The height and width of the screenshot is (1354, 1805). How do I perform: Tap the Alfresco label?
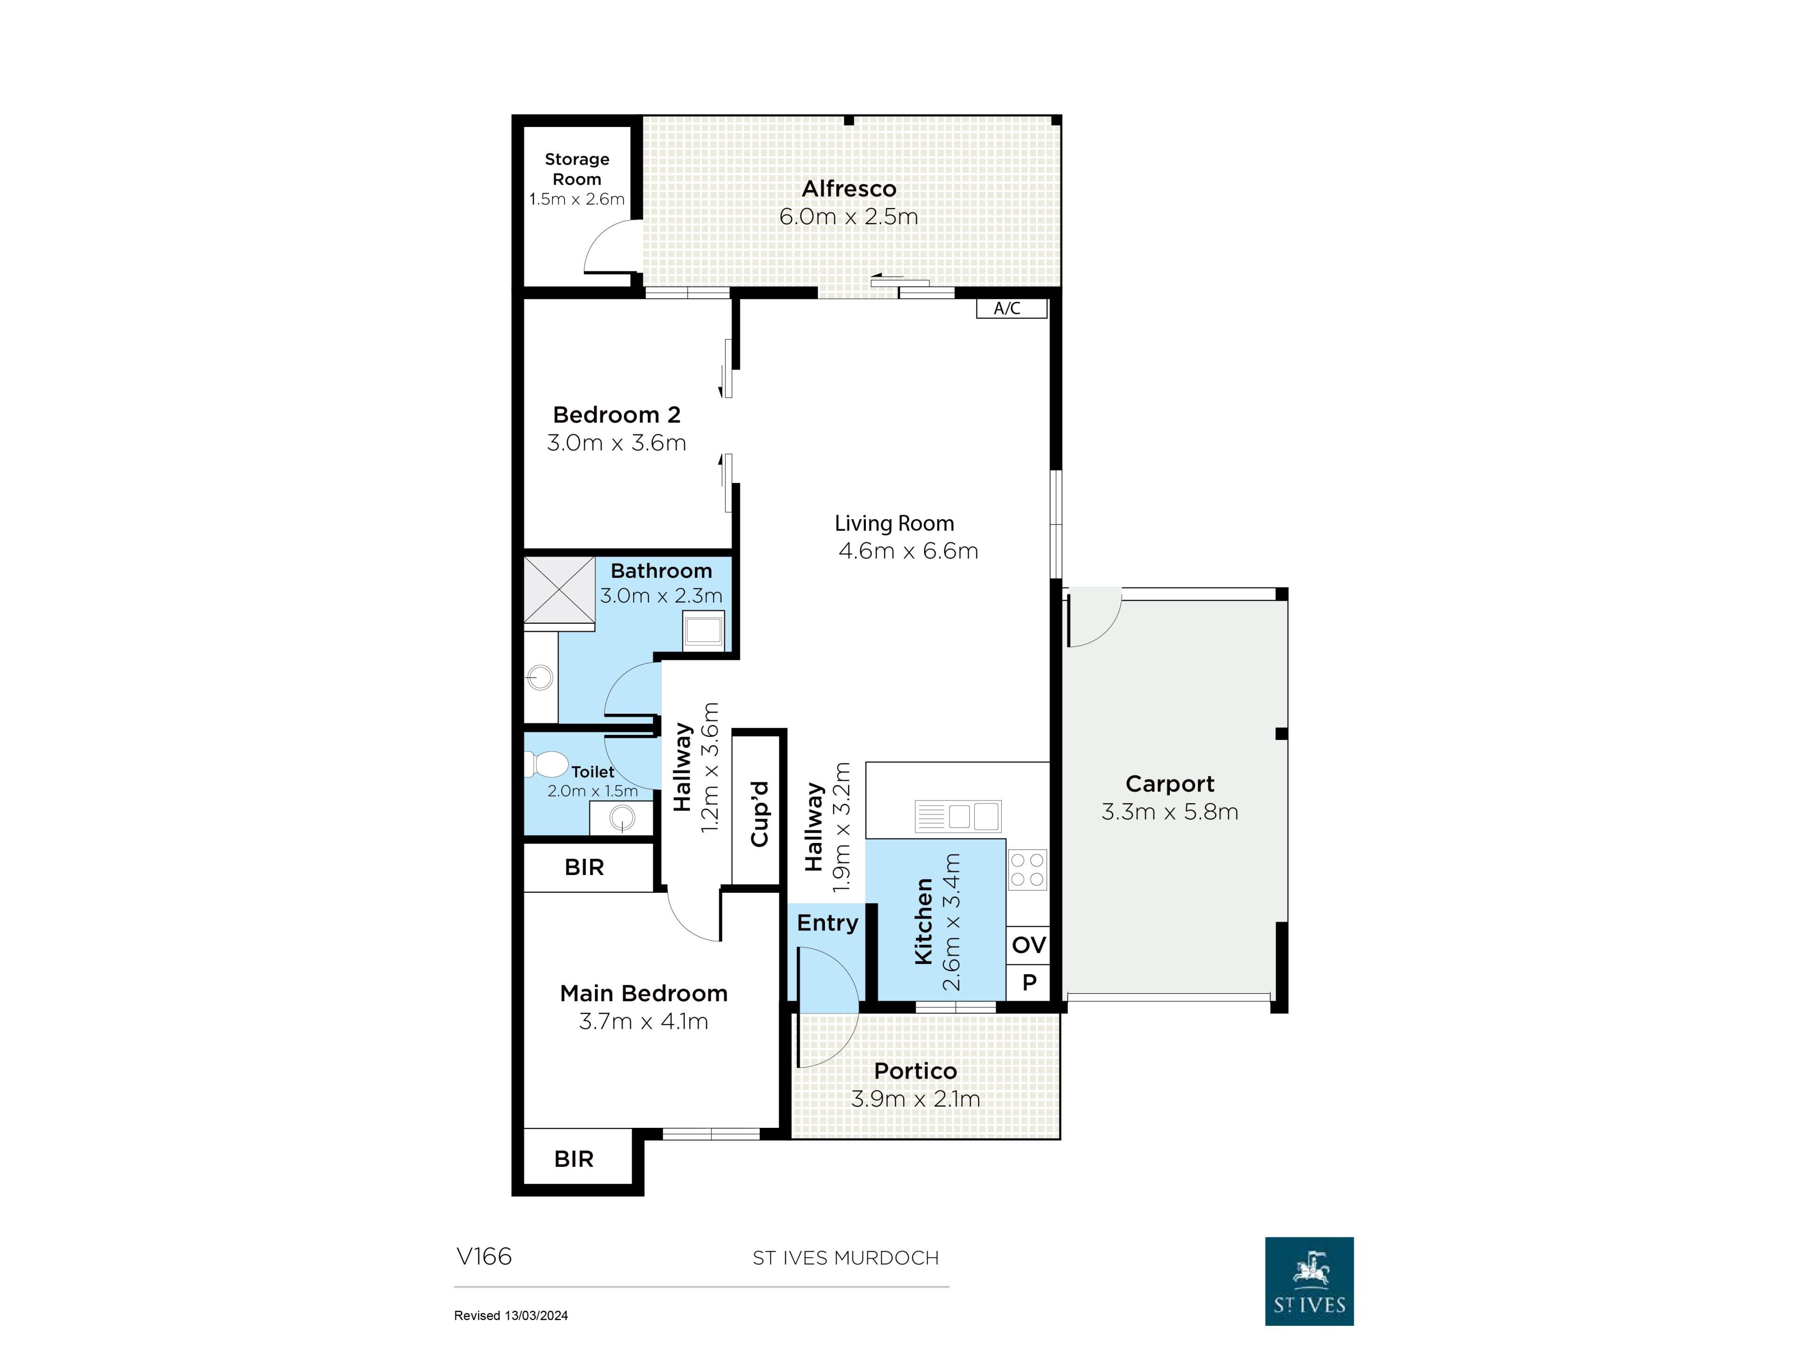coord(848,189)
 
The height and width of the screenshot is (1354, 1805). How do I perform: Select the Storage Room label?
coord(577,169)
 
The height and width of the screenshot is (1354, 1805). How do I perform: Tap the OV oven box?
coord(1028,945)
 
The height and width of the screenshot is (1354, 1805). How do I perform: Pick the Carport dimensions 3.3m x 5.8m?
coord(1169,812)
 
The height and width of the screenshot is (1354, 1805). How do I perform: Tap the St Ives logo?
coord(1309,1281)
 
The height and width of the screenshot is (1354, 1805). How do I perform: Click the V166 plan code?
coord(484,1256)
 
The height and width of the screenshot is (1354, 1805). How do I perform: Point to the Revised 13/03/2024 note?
coord(511,1315)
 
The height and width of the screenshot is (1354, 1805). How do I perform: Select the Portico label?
coord(915,1071)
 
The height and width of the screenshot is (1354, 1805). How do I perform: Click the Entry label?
coord(827,923)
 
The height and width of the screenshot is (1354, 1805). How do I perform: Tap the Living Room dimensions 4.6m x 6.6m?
coord(908,551)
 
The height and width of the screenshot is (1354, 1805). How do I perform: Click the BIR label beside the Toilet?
coord(584,867)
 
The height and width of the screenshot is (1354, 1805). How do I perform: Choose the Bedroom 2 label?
coord(616,415)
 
